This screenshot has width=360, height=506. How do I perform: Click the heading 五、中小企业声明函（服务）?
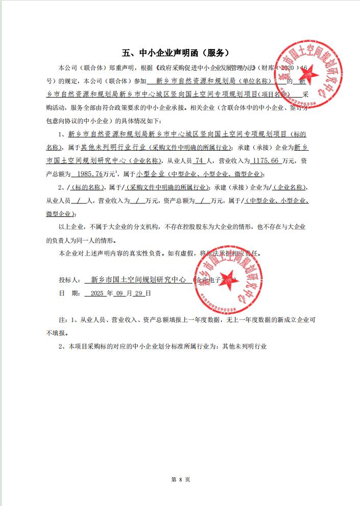coord(175,53)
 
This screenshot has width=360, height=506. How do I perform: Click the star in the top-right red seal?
coord(310,76)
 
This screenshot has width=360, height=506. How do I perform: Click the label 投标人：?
coord(70,280)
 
